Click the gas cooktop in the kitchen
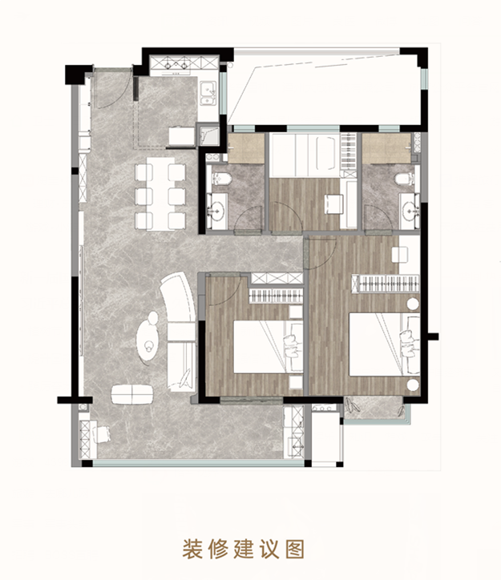point(176,63)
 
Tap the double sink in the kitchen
point(208,94)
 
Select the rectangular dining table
point(160,194)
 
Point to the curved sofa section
point(179,298)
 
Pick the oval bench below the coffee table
point(132,394)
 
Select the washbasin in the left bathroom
point(216,211)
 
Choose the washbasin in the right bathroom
point(410,212)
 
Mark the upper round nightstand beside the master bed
point(413,304)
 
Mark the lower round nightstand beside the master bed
point(412,385)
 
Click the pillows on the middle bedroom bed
point(291,347)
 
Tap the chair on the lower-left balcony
point(102,434)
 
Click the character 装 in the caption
point(192,549)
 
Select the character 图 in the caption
point(295,549)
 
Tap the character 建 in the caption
point(244,549)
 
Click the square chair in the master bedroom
point(400,255)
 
